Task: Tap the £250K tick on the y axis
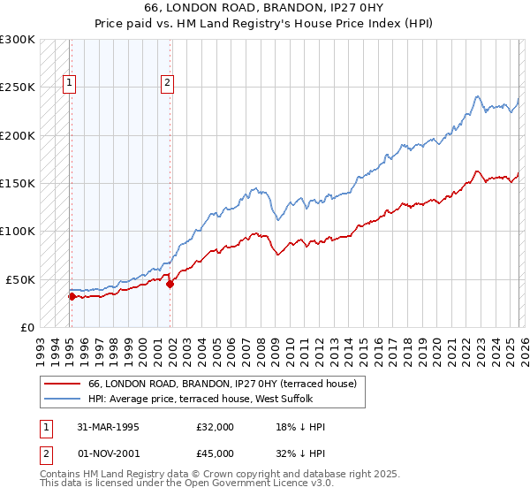18,88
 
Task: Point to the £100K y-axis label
18,231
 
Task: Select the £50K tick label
20,278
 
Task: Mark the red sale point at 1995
72,296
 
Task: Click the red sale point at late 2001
170,284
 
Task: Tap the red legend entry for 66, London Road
222,384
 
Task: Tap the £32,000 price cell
216,427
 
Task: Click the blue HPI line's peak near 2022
477,96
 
